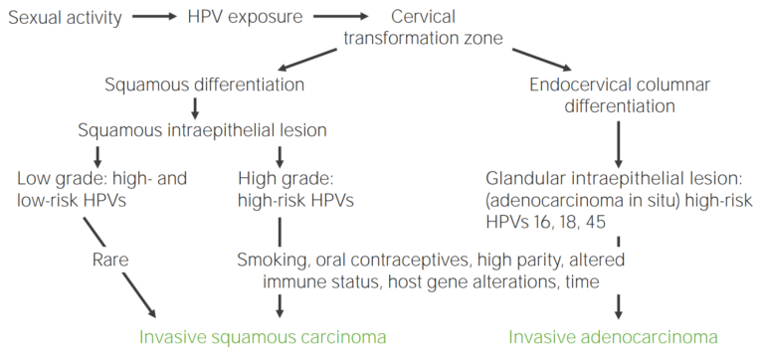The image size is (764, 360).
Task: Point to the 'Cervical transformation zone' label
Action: (x=422, y=28)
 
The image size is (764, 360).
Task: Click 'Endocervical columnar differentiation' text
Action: (x=620, y=95)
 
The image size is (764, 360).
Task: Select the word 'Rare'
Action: (x=108, y=260)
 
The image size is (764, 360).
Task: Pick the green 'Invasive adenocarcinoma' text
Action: (x=612, y=336)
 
